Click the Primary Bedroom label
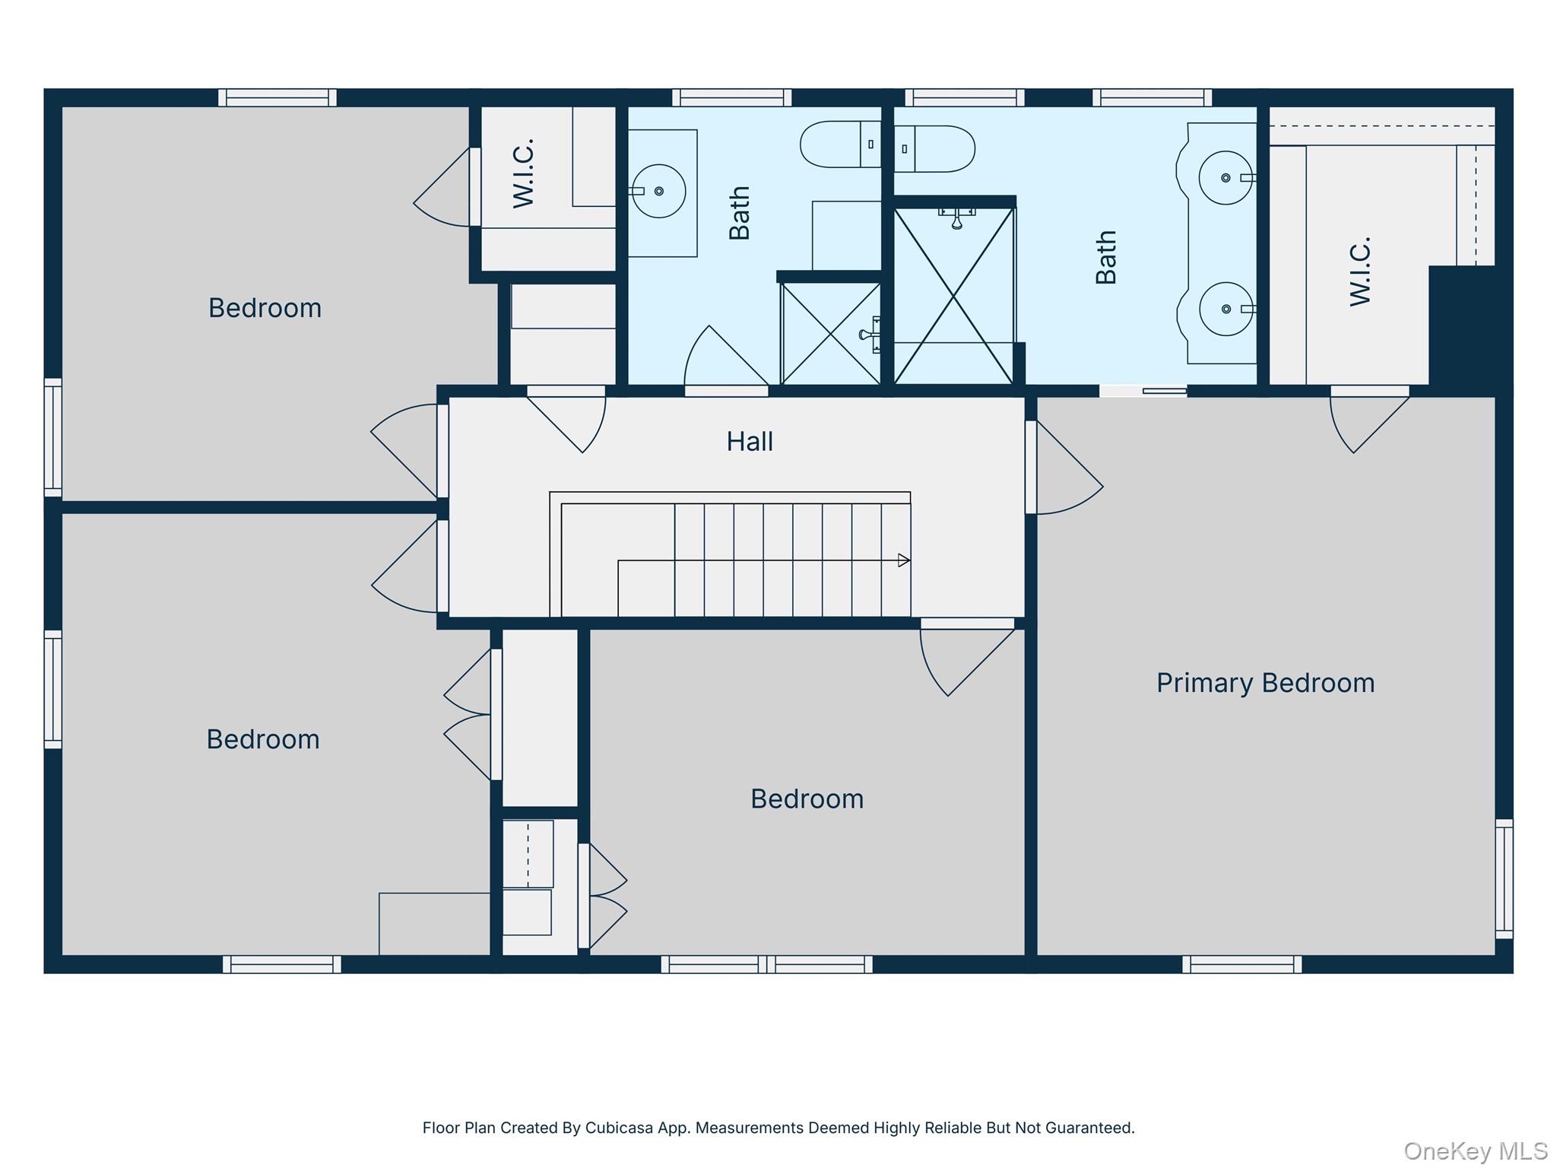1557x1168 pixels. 1265,683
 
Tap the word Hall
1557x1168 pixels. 750,441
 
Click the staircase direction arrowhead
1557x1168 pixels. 904,560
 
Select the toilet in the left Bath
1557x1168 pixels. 840,144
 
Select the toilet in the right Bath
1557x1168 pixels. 934,149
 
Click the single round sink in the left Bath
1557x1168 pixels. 658,191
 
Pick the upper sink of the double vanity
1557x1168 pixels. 1226,178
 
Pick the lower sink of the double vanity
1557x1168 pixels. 1226,309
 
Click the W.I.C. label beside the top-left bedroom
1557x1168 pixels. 524,173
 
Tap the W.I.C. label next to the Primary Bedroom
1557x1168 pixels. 1360,271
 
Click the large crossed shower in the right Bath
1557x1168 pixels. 953,295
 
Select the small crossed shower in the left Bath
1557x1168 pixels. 831,333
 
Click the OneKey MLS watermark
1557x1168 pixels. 1475,1151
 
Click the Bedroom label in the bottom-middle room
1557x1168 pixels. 807,799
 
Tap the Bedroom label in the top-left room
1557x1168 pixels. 265,308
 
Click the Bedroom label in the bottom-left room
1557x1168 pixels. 263,739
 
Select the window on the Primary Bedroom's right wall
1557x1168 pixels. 1504,878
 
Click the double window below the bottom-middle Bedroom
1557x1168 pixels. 766,964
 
